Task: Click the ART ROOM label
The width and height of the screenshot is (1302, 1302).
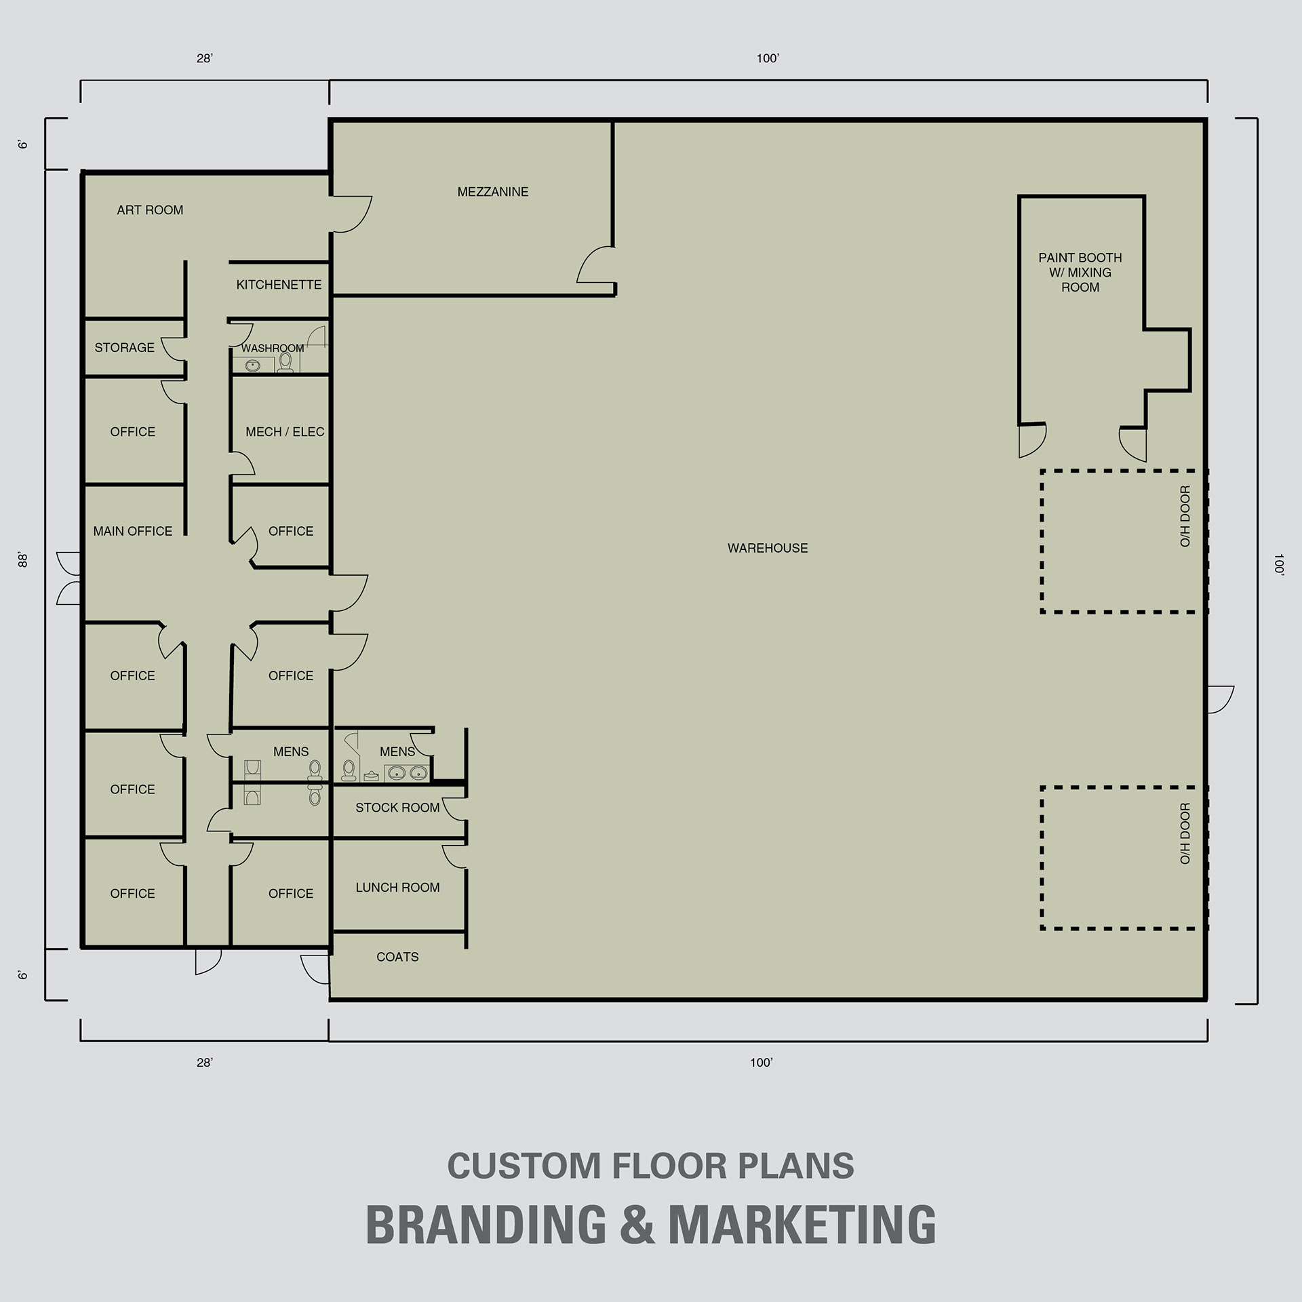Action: point(150,210)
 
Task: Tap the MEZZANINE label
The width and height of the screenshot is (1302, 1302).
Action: point(493,192)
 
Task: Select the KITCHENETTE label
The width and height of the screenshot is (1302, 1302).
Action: point(279,285)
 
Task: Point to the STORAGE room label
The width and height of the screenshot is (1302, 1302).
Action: point(124,348)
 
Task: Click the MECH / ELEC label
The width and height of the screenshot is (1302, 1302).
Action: point(285,432)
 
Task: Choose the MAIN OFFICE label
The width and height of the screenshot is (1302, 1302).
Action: point(133,532)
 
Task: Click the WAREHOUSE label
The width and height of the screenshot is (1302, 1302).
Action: point(768,548)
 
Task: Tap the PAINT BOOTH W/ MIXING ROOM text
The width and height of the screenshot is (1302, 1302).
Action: point(1080,273)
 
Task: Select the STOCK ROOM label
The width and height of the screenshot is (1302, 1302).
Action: point(397,808)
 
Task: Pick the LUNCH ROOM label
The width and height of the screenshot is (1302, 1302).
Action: point(397,888)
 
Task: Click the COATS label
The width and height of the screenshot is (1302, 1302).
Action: point(397,957)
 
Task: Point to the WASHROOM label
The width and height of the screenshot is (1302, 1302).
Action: point(273,349)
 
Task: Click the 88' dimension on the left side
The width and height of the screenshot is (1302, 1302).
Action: point(22,560)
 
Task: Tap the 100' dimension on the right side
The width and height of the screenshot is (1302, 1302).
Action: point(1279,565)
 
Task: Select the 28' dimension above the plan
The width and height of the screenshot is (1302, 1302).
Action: point(205,59)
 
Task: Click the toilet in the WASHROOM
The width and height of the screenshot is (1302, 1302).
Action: point(285,363)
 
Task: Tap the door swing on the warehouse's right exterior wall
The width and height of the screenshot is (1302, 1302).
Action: point(1221,699)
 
